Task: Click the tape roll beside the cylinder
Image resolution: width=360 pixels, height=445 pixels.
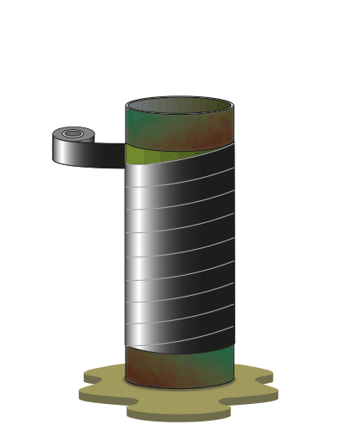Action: tap(73, 146)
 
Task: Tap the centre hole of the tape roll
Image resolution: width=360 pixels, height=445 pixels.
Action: tap(73, 133)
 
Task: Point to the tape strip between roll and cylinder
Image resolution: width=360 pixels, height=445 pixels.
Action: tap(109, 155)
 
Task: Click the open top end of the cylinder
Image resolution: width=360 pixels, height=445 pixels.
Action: tap(179, 105)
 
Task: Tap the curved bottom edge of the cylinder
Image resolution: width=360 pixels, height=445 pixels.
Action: tap(179, 387)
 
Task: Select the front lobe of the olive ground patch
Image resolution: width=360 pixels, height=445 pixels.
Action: tap(178, 411)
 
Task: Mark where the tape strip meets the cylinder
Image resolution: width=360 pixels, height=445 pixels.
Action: tap(126, 155)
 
